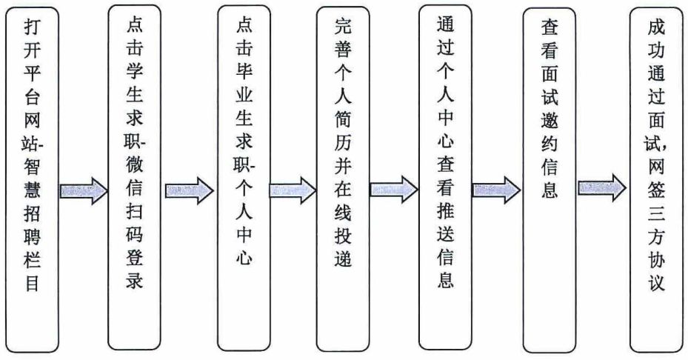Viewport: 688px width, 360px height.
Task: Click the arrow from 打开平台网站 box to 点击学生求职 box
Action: [x=84, y=190]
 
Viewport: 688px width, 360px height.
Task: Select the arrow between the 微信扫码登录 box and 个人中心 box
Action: [x=189, y=190]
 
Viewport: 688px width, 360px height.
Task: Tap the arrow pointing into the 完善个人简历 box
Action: [x=293, y=190]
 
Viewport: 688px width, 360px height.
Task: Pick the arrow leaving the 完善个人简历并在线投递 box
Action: [x=394, y=189]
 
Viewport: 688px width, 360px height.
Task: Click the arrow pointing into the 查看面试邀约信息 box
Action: [x=496, y=190]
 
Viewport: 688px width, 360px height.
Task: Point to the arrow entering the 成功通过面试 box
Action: [x=602, y=188]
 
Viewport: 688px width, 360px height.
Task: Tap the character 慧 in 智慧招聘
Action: [x=32, y=190]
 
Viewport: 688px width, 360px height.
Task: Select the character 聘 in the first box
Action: [x=32, y=236]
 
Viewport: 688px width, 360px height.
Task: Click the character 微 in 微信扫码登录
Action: [x=134, y=165]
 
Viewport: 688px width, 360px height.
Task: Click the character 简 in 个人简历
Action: [x=343, y=119]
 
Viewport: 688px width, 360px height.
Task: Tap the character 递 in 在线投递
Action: [x=343, y=258]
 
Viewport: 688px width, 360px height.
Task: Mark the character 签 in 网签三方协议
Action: [x=656, y=190]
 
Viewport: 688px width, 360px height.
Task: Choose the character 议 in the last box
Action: [x=656, y=281]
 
